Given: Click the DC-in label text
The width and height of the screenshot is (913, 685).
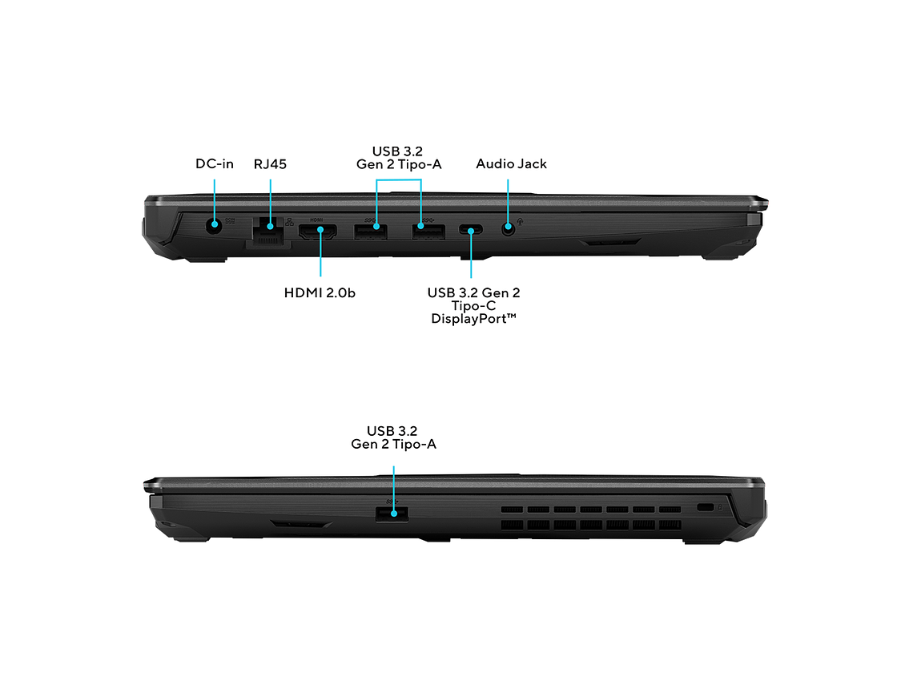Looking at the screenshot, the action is (215, 164).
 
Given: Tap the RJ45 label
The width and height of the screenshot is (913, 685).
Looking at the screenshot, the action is (270, 164).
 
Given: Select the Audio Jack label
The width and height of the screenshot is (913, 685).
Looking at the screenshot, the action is (511, 164).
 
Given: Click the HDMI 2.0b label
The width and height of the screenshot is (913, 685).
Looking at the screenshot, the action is (320, 293).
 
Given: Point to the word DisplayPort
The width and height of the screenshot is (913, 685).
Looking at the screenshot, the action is (470, 319).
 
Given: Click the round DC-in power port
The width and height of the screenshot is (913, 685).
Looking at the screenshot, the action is (215, 224).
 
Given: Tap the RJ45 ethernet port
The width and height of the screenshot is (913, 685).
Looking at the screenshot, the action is (269, 229).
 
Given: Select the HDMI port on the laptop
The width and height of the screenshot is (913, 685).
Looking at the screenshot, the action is (318, 232).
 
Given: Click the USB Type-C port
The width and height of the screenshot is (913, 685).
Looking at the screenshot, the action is (470, 230).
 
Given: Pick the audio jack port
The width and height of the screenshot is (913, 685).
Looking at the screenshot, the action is (509, 228).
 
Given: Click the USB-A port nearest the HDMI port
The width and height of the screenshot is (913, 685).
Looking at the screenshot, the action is (371, 231).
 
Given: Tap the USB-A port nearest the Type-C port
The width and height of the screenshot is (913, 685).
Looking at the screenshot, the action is (428, 231).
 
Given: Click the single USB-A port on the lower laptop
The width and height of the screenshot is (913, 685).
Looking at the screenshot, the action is (392, 514).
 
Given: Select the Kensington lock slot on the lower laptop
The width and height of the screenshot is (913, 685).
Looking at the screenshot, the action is (705, 507).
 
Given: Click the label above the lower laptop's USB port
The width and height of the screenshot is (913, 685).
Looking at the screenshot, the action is (393, 437).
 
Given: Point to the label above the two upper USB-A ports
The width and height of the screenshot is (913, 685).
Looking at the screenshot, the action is (399, 158).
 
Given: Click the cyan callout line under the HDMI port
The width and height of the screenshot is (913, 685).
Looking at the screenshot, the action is (320, 253).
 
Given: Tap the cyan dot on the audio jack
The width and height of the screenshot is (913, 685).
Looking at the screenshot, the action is (509, 226).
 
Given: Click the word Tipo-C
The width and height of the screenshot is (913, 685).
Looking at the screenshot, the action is (473, 306).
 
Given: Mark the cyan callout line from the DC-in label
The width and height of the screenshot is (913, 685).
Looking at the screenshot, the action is (215, 201).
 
